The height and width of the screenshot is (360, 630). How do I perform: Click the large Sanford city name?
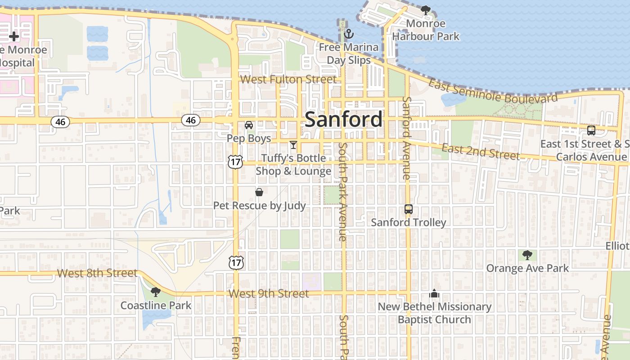tap(344, 120)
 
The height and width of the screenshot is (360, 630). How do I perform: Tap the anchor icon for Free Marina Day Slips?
tap(348, 34)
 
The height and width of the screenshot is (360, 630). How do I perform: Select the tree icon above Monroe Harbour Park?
tap(425, 10)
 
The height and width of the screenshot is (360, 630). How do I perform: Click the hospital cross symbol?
tap(14, 36)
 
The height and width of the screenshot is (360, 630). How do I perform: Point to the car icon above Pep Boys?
tap(248, 125)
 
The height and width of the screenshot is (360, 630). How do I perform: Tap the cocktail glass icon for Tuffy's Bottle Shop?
tap(293, 145)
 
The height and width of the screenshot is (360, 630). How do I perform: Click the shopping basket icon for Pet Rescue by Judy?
tap(259, 193)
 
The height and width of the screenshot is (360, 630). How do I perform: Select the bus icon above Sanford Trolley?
tap(408, 209)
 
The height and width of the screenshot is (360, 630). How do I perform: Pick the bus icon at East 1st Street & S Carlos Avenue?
tap(591, 130)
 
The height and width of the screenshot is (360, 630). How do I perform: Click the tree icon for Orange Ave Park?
tap(527, 255)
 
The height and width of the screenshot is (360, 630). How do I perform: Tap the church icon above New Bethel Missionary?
tap(434, 294)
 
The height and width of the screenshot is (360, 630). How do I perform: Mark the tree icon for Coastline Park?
tap(155, 292)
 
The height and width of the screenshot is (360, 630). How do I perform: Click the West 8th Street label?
tap(97, 273)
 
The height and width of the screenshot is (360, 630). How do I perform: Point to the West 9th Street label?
tap(268, 294)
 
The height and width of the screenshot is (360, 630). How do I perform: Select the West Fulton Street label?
tap(288, 80)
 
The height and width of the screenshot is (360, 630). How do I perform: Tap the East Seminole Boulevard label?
tap(492, 91)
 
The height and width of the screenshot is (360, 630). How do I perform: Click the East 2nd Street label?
tap(480, 152)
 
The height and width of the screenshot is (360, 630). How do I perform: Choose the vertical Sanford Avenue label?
tap(406, 138)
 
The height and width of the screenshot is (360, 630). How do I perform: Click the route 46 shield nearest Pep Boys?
tap(191, 120)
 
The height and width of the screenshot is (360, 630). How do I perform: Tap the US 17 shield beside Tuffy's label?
tap(235, 162)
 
